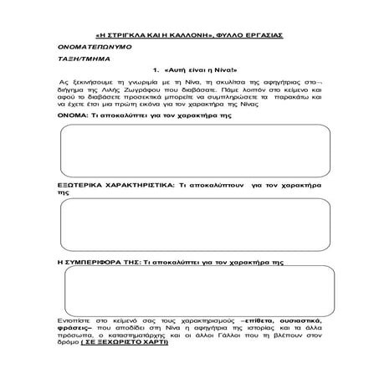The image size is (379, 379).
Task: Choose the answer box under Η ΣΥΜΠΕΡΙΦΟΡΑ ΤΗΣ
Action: (189, 292)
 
